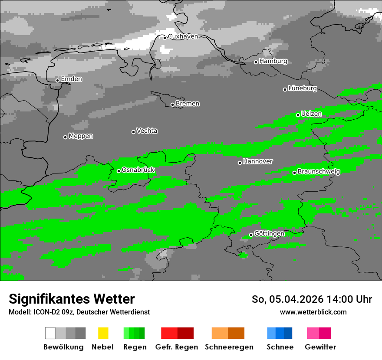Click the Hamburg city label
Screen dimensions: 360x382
coord(273,61)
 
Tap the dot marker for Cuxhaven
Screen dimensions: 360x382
coord(165,37)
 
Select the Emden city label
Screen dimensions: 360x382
coord(71,79)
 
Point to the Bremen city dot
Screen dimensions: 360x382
coord(172,105)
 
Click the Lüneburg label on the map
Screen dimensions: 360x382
coord(303,88)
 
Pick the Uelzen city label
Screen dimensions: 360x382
coord(311,114)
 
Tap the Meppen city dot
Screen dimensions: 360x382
coord(65,137)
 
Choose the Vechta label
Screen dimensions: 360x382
coord(147,131)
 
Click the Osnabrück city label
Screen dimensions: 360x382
coord(138,170)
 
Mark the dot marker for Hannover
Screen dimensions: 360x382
coord(240,163)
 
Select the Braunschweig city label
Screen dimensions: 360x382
coord(319,171)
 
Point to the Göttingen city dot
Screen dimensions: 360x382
coord(251,235)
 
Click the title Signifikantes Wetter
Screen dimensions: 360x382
coord(72,299)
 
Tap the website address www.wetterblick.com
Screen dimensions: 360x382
coord(313,312)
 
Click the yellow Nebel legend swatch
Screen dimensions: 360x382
coord(103,333)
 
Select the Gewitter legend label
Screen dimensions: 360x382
coord(320,347)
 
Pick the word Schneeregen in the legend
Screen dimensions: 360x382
coord(229,347)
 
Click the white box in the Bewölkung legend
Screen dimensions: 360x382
coord(50,333)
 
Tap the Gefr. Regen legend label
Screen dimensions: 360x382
coord(176,347)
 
